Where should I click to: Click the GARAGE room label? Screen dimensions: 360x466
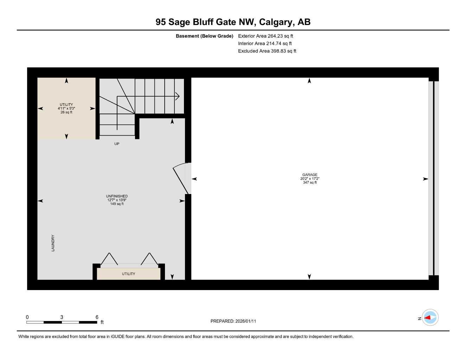coord(309,175)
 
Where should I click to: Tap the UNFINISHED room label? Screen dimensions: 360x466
coord(117,196)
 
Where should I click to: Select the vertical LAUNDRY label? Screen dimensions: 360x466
coord(53,243)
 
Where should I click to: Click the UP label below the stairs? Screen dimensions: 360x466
coord(117,144)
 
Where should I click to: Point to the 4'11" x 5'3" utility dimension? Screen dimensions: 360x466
coord(66,109)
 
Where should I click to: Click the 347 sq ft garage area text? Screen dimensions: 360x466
coord(309,182)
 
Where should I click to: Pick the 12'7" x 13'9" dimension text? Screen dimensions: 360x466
coord(117,200)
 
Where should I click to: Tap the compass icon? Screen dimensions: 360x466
coord(430,318)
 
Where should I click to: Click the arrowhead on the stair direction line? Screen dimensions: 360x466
coord(178,96)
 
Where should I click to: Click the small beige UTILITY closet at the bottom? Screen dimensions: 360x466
coord(128,274)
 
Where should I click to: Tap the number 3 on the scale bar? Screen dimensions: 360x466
coord(62,317)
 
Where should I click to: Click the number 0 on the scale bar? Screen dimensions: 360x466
coord(27,317)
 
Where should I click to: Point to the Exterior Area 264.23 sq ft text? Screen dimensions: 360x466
coord(266,36)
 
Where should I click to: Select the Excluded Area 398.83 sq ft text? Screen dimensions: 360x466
coord(267,51)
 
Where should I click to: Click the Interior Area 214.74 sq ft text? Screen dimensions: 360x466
coord(265,44)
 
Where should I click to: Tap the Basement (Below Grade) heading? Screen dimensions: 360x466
coord(204,36)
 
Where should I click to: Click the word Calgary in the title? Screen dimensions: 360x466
coord(276,22)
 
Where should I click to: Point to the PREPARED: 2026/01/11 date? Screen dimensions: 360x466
coord(233,321)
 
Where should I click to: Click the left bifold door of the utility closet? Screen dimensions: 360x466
coord(109,259)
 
